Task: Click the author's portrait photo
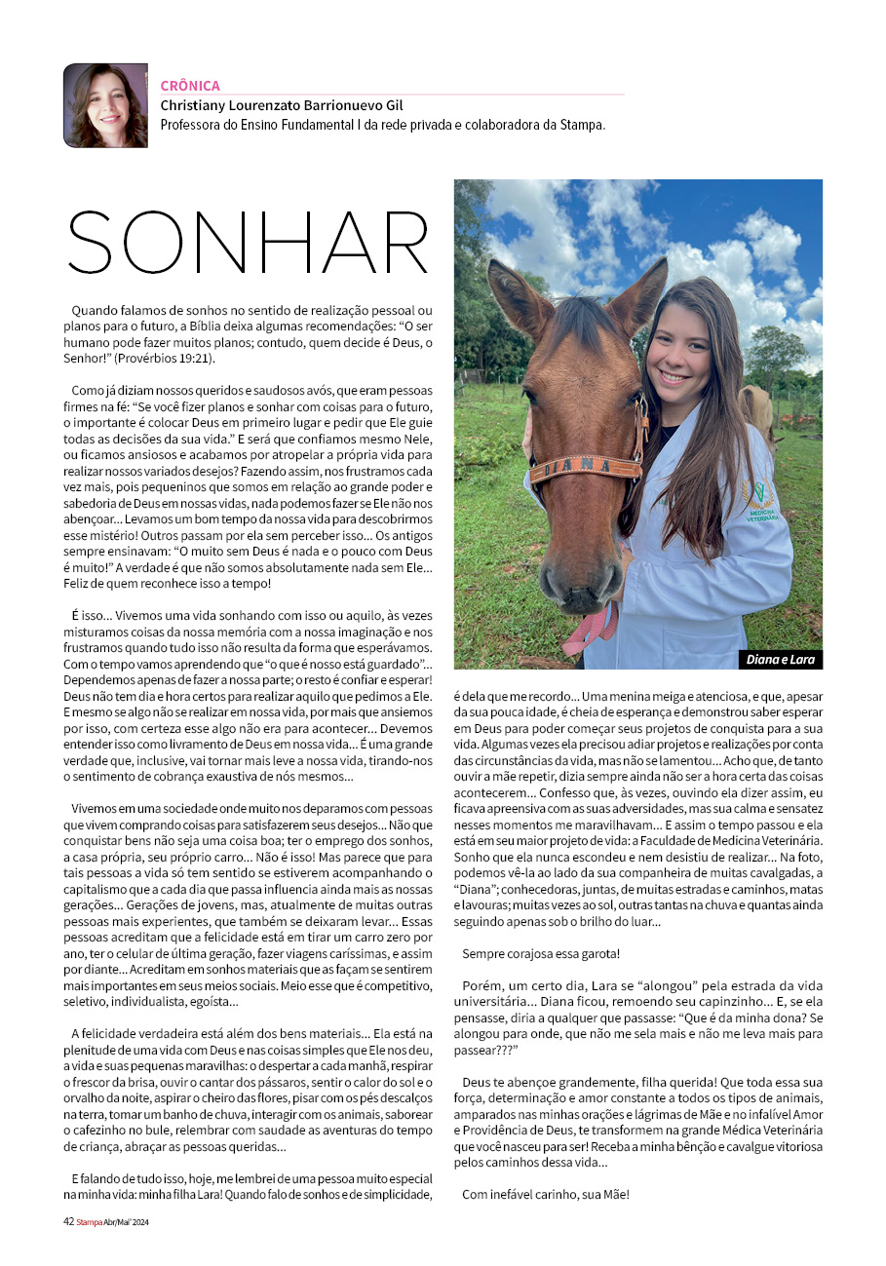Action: [x=105, y=105]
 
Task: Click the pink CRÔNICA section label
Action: [x=190, y=86]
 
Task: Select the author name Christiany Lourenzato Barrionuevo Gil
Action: [x=282, y=105]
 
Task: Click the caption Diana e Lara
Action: [x=781, y=659]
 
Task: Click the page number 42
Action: [x=68, y=1221]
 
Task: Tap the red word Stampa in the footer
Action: [x=90, y=1221]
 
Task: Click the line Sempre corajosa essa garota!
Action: [x=541, y=952]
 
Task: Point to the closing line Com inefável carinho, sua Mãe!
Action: [x=546, y=1193]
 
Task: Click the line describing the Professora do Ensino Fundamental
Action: [x=383, y=125]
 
